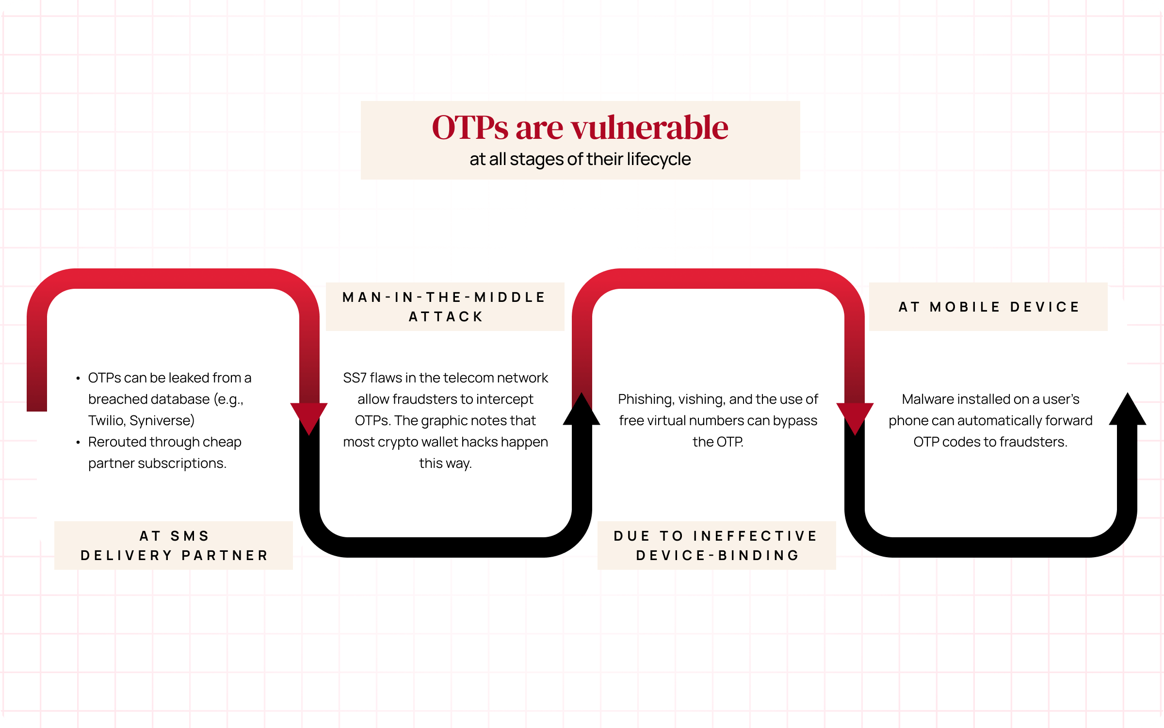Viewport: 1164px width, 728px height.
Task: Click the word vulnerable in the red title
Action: (x=649, y=128)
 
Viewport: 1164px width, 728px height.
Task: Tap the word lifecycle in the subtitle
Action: (x=659, y=159)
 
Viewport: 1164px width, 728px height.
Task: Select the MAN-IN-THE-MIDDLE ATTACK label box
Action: (x=445, y=307)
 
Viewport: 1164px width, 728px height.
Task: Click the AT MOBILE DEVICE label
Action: (x=988, y=307)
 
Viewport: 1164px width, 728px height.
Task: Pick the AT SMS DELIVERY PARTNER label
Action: (x=174, y=546)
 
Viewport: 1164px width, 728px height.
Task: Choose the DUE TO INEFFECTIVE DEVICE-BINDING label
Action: (x=717, y=546)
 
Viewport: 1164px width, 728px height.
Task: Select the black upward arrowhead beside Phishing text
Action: (x=582, y=409)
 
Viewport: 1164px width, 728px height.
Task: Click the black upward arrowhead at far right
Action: (x=1128, y=409)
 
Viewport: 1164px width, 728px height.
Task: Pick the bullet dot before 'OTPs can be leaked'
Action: (x=78, y=378)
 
